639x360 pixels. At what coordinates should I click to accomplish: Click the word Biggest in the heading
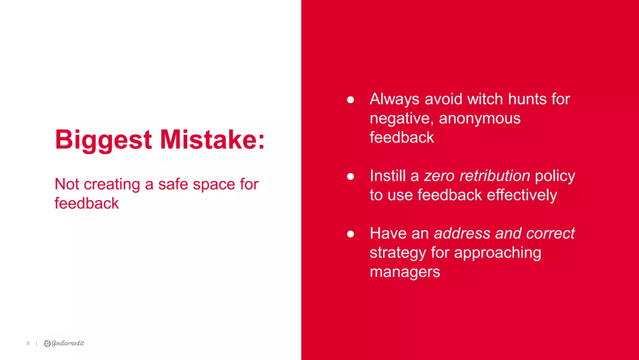click(x=103, y=140)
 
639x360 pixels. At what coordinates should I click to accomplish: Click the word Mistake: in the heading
click(x=212, y=140)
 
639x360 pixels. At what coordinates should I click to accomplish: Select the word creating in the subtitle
click(x=112, y=184)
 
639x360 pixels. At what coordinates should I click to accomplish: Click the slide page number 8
click(x=28, y=343)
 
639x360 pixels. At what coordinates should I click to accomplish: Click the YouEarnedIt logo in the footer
click(x=64, y=343)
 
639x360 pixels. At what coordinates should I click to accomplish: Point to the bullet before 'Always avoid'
click(x=350, y=100)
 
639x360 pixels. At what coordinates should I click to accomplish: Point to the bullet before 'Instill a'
click(x=350, y=176)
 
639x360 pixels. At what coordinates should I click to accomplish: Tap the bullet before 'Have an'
click(x=350, y=234)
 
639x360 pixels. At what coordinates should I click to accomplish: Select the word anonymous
click(x=480, y=118)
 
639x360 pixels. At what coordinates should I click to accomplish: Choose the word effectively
click(x=522, y=195)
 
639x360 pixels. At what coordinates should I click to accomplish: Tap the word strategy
click(x=398, y=253)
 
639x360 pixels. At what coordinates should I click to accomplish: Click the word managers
click(x=405, y=272)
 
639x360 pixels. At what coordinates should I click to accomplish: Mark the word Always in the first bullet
click(x=394, y=100)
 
